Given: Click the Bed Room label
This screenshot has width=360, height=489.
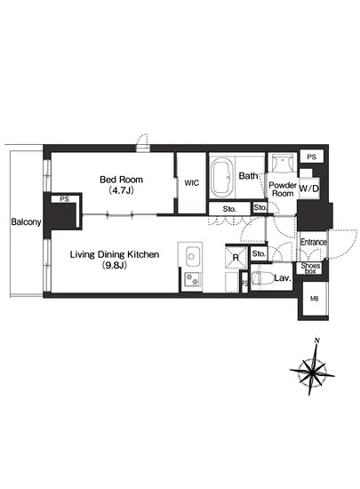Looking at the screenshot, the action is click(x=121, y=180).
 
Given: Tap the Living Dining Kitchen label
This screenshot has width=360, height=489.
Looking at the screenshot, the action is click(x=115, y=254).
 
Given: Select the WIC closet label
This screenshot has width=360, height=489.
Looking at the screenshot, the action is click(x=191, y=183).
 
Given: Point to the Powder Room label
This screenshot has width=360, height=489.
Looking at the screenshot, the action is click(x=282, y=189).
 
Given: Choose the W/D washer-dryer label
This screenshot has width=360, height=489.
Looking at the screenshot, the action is click(x=308, y=188).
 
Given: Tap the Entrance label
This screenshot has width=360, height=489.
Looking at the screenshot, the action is click(x=313, y=242).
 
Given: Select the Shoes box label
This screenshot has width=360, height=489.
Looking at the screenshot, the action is click(x=310, y=269).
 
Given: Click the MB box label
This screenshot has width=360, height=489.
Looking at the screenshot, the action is click(x=314, y=299).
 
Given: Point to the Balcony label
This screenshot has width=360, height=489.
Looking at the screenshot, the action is click(x=26, y=221).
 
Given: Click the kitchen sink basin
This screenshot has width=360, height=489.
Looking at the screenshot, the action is click(x=191, y=256).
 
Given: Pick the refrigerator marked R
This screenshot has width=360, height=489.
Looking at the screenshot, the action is click(x=236, y=257).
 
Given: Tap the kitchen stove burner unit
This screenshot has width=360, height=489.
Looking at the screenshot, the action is click(x=192, y=280).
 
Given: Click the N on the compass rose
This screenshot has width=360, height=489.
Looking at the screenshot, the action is click(x=317, y=341).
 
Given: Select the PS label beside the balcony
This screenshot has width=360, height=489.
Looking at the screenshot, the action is click(x=64, y=199).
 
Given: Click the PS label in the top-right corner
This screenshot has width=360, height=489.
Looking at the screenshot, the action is click(x=311, y=156).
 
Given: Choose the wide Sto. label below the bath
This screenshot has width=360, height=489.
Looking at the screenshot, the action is click(x=229, y=209).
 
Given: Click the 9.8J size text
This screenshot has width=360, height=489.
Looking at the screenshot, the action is click(x=115, y=266).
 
